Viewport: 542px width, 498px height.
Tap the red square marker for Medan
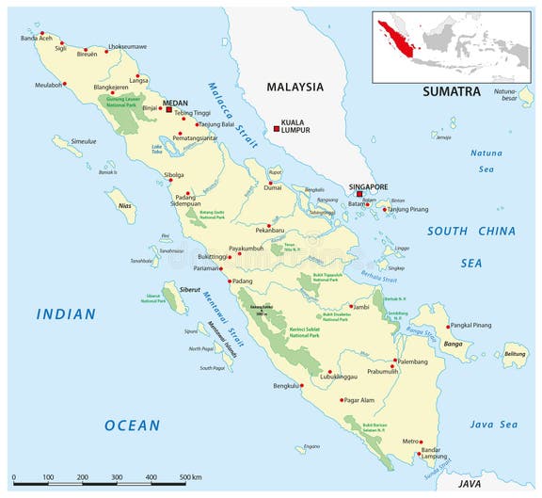169,109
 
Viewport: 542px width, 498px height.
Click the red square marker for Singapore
359,194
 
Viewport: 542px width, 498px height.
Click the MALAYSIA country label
295,87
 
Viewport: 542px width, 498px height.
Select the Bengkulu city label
285,385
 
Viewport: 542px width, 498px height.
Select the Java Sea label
494,425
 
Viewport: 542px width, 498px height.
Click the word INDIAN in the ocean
66,314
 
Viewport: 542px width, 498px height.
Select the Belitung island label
515,354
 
